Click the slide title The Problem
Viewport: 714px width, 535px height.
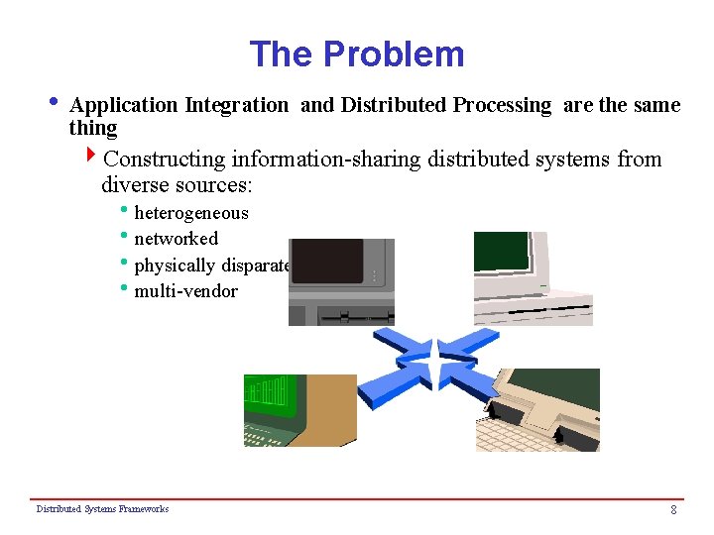(x=356, y=53)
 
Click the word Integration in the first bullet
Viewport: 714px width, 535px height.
(x=235, y=105)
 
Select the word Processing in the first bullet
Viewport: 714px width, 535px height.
(x=502, y=105)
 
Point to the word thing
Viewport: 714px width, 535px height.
(x=93, y=128)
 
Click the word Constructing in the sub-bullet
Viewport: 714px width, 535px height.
(x=164, y=160)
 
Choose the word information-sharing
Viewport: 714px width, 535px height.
(x=328, y=160)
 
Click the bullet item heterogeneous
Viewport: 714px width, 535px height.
(x=190, y=213)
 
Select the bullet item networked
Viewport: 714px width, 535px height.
(x=176, y=239)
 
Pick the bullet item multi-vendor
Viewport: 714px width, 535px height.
(x=185, y=291)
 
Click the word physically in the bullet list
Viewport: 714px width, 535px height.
(x=173, y=266)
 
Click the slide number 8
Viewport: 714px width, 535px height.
(x=673, y=510)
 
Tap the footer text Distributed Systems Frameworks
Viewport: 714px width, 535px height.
(x=102, y=509)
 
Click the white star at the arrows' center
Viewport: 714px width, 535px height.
(x=435, y=365)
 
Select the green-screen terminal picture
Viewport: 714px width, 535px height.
(x=299, y=410)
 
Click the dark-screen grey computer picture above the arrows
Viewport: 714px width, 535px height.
(x=341, y=281)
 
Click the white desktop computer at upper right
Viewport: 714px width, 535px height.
(x=533, y=278)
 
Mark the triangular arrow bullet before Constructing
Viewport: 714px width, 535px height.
(x=92, y=157)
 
